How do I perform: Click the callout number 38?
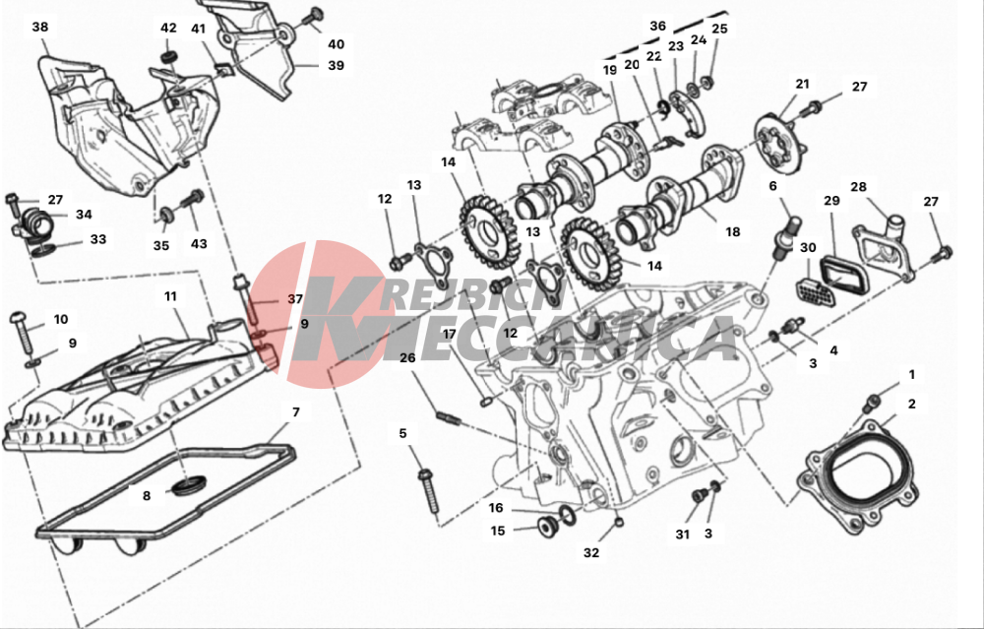[40, 27]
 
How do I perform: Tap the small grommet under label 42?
[168, 58]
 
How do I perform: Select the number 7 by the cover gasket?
[295, 411]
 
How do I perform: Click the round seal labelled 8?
[188, 485]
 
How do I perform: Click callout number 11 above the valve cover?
[170, 296]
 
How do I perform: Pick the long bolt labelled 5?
[430, 488]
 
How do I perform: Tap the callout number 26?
[407, 358]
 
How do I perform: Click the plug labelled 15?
[548, 525]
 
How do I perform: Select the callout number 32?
[591, 552]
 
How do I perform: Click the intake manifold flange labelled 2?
[854, 477]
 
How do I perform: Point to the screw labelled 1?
[872, 403]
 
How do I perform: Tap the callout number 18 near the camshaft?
[732, 231]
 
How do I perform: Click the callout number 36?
[657, 26]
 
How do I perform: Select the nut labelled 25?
[706, 81]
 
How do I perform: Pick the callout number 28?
[858, 187]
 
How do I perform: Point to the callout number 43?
[199, 243]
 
